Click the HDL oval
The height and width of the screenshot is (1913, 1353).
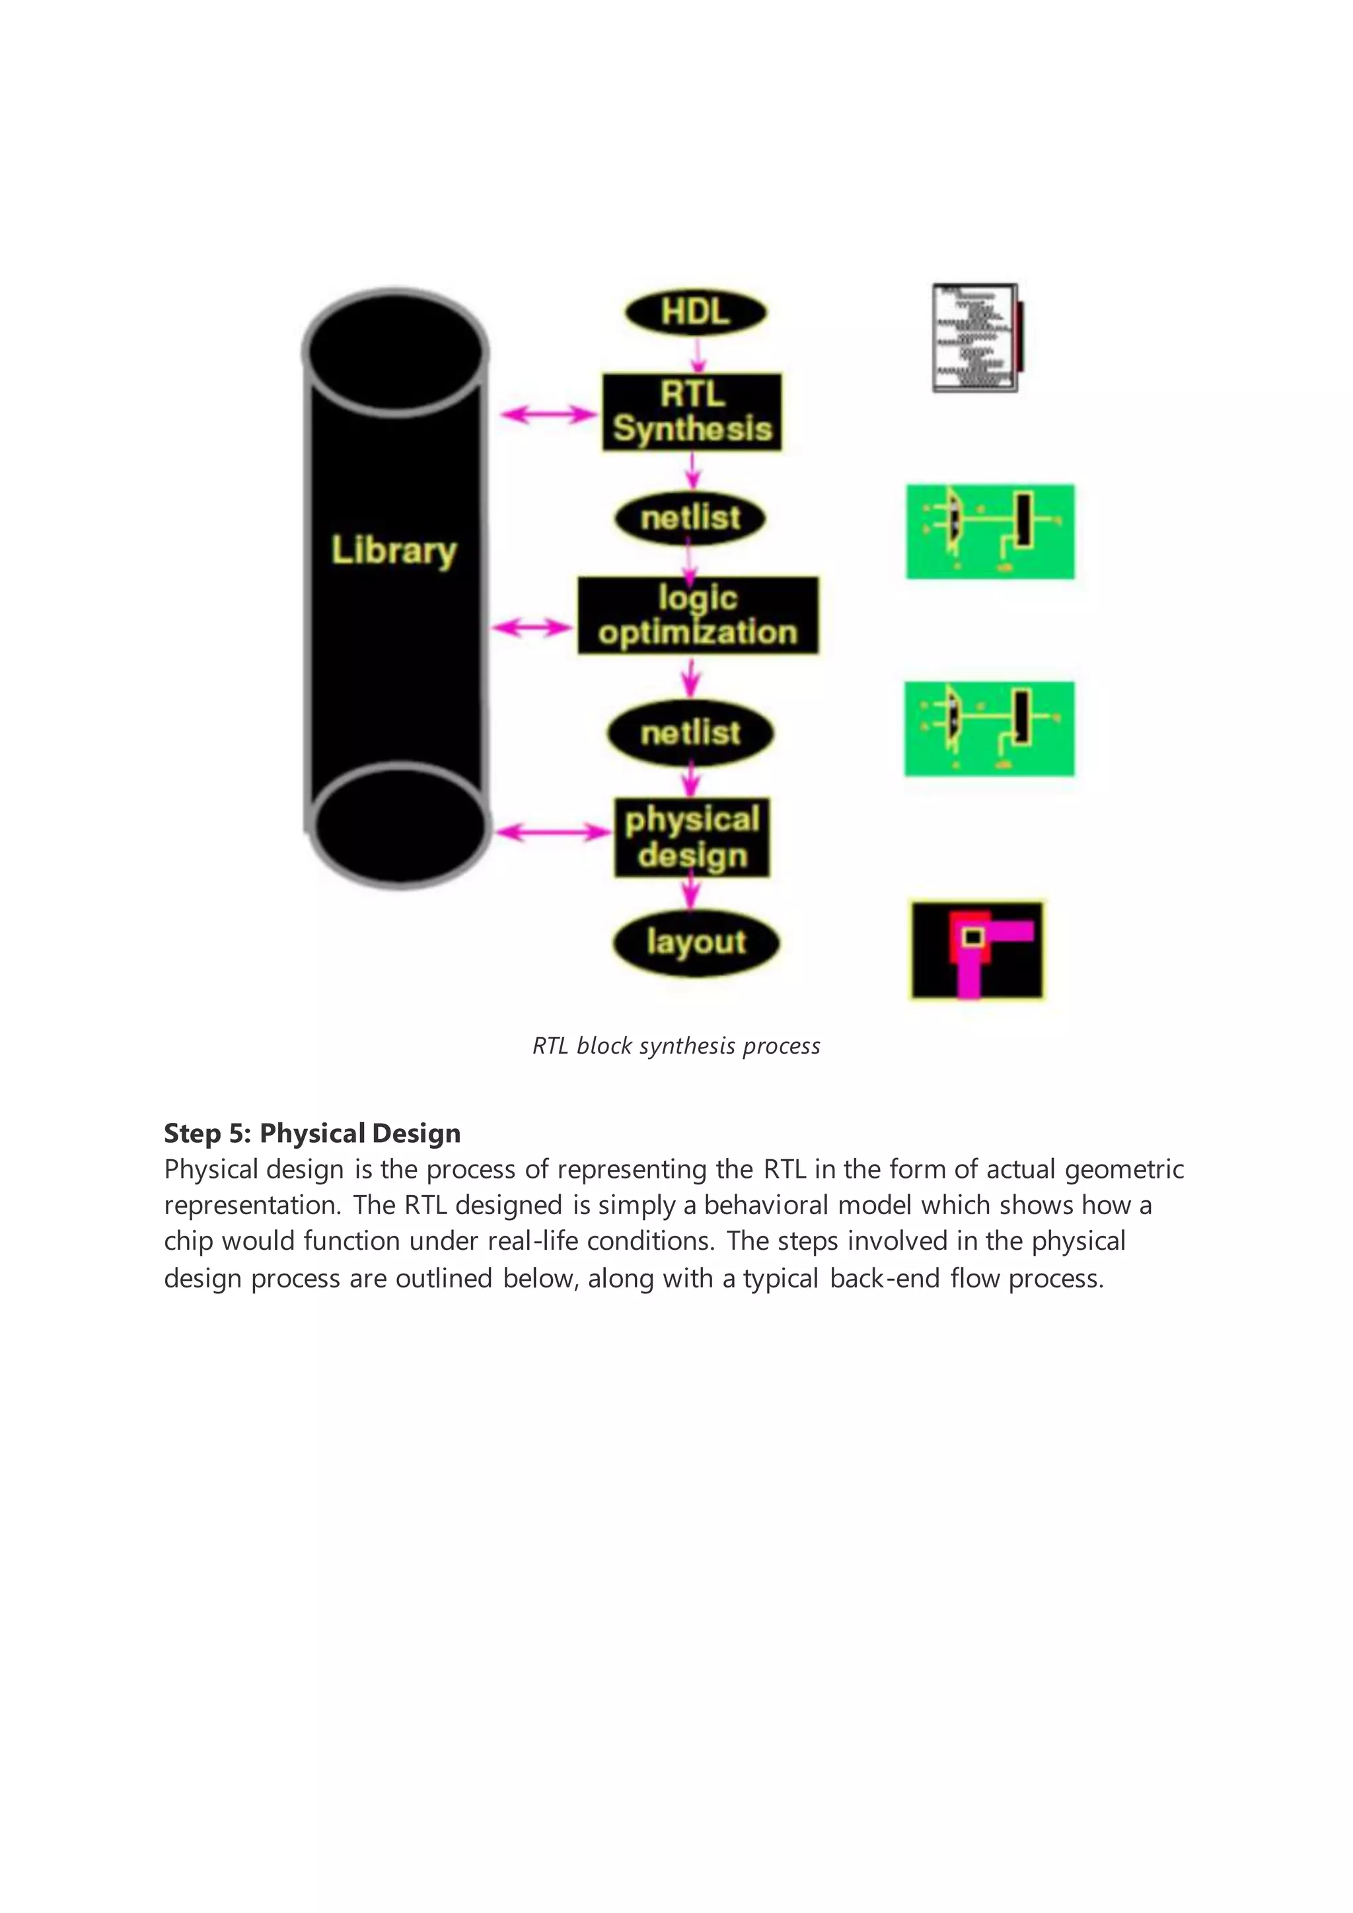pyautogui.click(x=696, y=312)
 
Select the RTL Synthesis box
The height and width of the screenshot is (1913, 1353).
pyautogui.click(x=692, y=412)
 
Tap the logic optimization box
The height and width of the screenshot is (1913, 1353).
pyautogui.click(x=698, y=615)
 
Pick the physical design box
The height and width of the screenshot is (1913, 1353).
pyautogui.click(x=692, y=838)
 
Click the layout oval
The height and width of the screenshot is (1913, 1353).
pyautogui.click(x=696, y=943)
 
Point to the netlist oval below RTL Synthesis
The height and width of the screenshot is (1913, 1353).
pyautogui.click(x=690, y=519)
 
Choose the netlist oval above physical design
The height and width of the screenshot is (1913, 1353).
pyautogui.click(x=690, y=733)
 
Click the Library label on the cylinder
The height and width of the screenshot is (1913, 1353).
pyautogui.click(x=394, y=550)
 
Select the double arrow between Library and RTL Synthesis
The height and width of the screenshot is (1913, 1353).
pyautogui.click(x=548, y=414)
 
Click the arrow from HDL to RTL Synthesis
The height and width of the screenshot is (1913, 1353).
pyautogui.click(x=698, y=354)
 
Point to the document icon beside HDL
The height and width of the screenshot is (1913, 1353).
pyautogui.click(x=976, y=338)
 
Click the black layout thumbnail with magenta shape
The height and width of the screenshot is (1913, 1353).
pyautogui.click(x=976, y=949)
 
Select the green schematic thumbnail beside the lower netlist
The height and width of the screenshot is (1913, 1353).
pyautogui.click(x=990, y=729)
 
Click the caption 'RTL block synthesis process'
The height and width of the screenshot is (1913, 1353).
pyautogui.click(x=676, y=1046)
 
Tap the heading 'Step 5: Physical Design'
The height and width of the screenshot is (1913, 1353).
pyautogui.click(x=312, y=1133)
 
